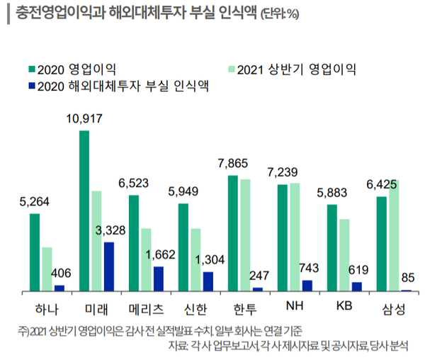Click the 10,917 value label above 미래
84,118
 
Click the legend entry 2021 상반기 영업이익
296,69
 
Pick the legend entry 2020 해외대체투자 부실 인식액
123,86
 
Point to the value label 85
407,277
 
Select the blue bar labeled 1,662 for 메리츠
158,279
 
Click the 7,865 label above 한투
233,164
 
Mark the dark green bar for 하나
35,252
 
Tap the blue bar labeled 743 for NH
307,286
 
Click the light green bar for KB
344,255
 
